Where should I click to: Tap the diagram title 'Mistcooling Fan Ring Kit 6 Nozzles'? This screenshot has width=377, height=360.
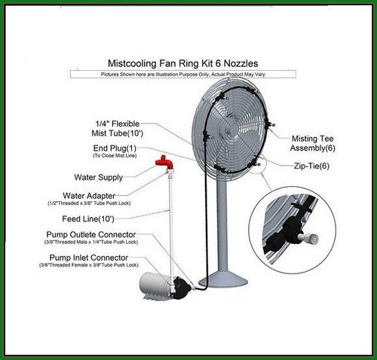tap(182, 63)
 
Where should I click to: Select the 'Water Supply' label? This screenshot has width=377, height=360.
tap(99, 178)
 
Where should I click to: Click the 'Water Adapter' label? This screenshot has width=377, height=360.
tap(89, 196)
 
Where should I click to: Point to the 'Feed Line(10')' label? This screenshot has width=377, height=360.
tap(88, 219)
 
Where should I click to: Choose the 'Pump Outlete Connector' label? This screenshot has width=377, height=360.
tap(91, 235)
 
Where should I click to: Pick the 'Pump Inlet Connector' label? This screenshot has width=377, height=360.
tap(89, 258)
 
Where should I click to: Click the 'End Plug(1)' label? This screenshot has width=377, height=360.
tap(115, 148)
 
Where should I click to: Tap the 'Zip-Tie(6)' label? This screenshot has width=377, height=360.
tap(311, 166)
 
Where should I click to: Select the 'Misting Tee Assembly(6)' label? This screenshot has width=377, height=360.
tap(313, 143)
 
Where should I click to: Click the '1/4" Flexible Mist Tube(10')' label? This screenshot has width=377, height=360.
tap(118, 128)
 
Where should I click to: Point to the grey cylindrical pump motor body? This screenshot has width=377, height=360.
tap(154, 285)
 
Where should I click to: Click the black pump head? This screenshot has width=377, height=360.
tap(181, 288)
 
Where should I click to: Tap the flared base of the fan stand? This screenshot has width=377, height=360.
tap(223, 279)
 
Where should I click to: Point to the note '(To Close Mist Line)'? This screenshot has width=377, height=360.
tap(115, 156)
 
